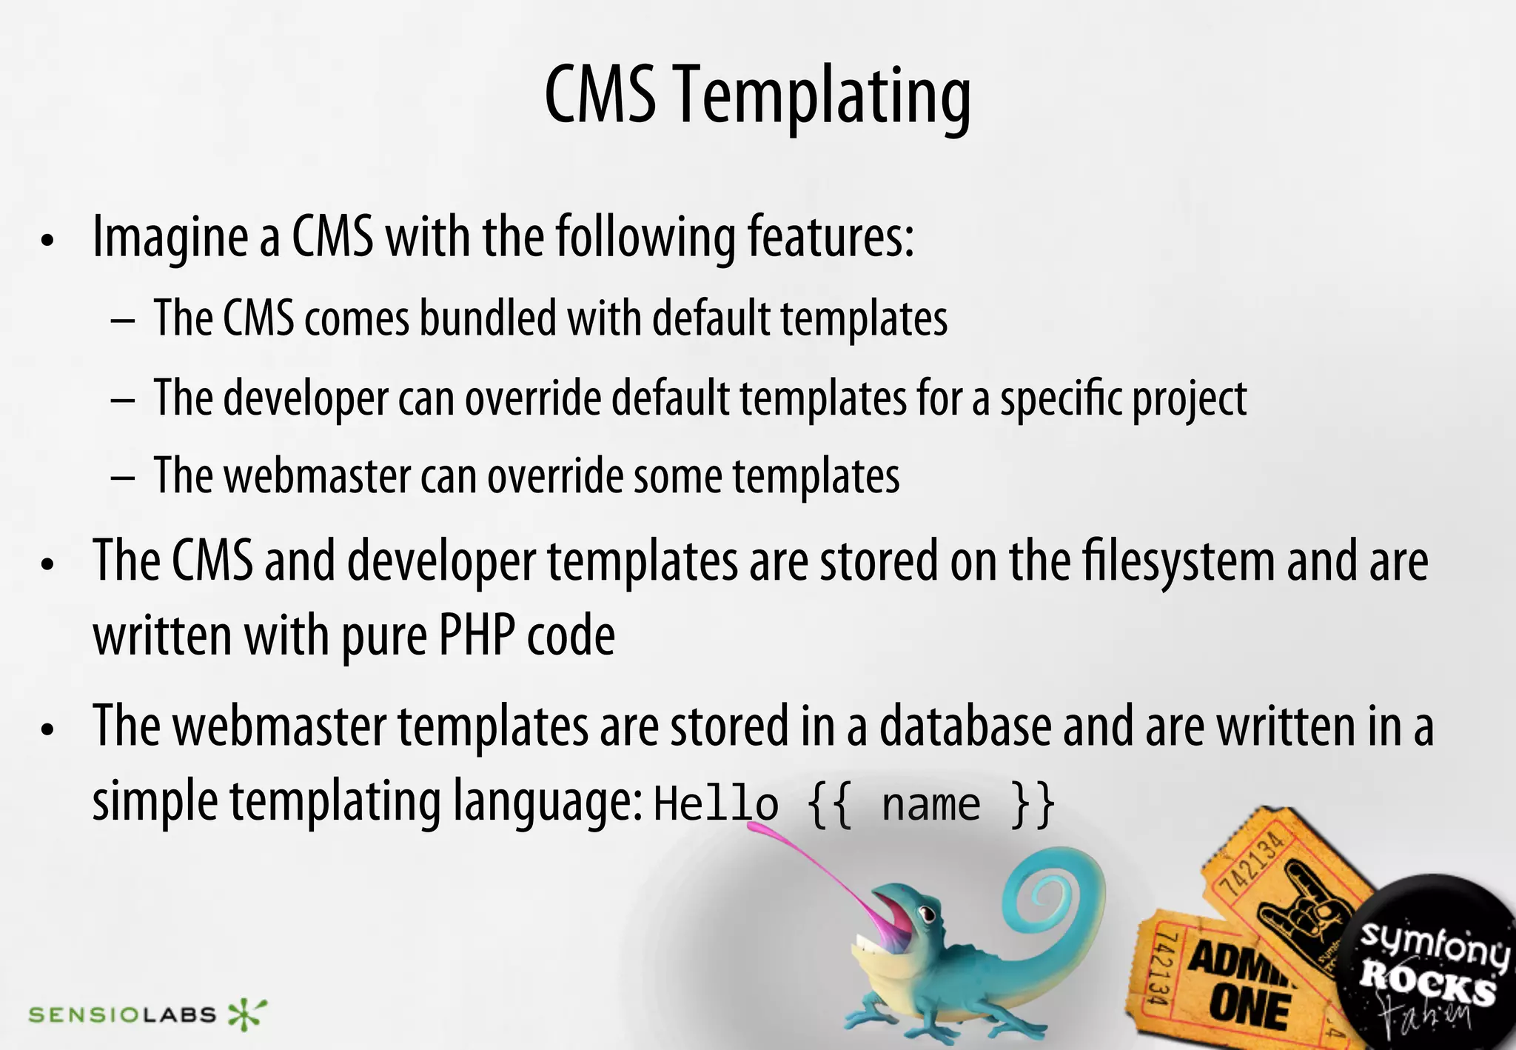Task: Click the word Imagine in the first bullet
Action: (x=170, y=237)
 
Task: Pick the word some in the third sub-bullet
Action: (x=677, y=475)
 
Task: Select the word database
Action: (x=965, y=726)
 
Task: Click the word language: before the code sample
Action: (x=548, y=801)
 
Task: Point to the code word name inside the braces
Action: (x=930, y=804)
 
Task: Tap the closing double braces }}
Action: (x=1033, y=804)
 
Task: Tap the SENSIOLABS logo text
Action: (x=122, y=1014)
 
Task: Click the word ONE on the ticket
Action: (x=1250, y=1009)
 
